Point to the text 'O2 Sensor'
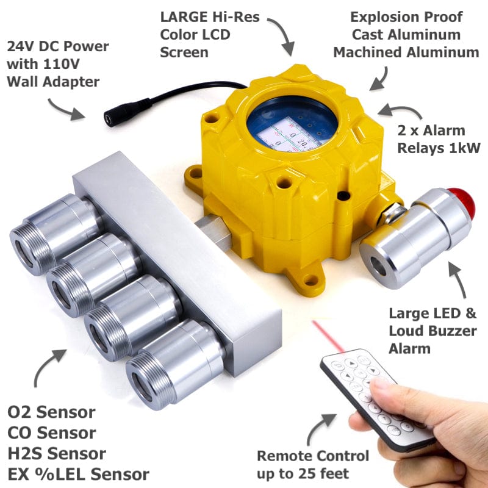(x=51, y=412)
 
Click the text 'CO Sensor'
(x=51, y=433)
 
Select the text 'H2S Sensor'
(x=56, y=453)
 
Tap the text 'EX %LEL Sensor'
(x=78, y=474)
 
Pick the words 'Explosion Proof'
(x=406, y=16)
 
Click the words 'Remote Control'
(x=313, y=456)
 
